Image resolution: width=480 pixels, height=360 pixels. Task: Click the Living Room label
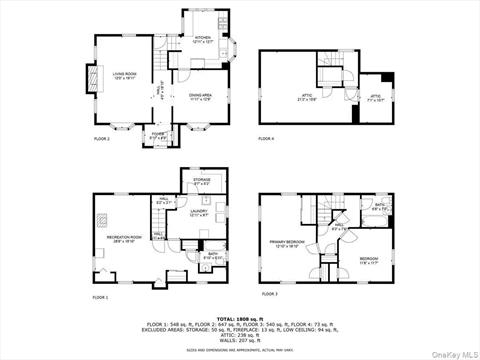tap(124, 75)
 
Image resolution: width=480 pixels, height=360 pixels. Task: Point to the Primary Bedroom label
tap(288, 243)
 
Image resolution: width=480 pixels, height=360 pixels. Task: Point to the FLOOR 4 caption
tap(267, 138)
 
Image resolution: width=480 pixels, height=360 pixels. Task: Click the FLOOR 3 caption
tap(269, 295)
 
